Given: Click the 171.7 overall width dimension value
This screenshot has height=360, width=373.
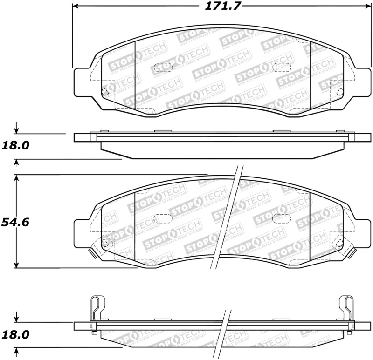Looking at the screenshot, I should (218, 7).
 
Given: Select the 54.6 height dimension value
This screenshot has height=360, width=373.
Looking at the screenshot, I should (15, 222).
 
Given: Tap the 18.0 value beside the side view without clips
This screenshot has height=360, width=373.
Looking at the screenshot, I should (15, 145).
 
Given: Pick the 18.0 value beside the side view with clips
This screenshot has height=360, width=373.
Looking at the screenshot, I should (15, 334).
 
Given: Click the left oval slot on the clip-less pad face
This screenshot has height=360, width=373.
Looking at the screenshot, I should (163, 67).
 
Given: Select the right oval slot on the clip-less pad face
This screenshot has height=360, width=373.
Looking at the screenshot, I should (281, 67).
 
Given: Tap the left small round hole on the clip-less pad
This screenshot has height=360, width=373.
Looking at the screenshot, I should (105, 91).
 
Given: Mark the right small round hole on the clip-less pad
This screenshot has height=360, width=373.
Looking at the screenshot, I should (339, 91).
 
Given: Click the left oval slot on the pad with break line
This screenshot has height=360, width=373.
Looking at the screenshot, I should (163, 217).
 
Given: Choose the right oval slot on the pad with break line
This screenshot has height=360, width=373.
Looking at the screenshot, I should (281, 217).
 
